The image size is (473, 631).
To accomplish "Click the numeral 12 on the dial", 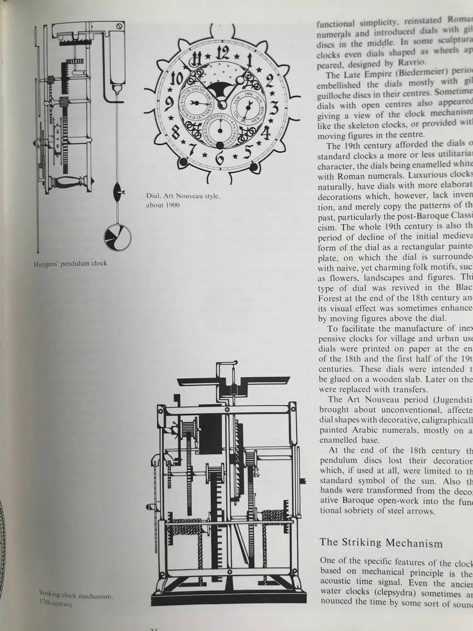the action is pos(222,53).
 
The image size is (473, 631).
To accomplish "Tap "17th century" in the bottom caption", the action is pos(56,604).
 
